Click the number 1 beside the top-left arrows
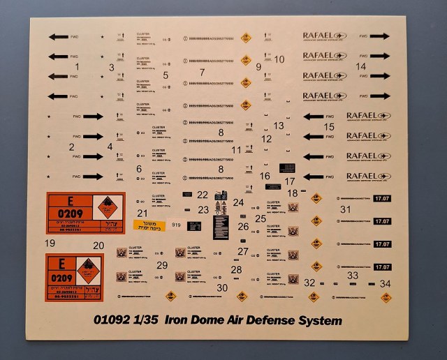pyautogui.click(x=77, y=66)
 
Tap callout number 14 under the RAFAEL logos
pyautogui.click(x=360, y=66)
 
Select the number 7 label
pyautogui.click(x=201, y=72)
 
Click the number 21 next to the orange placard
pyautogui.click(x=142, y=212)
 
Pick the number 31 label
pyautogui.click(x=344, y=209)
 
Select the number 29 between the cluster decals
pyautogui.click(x=162, y=265)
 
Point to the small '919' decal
pyautogui.click(x=175, y=225)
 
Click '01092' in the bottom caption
pyautogui.click(x=113, y=320)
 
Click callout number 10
pyautogui.click(x=279, y=59)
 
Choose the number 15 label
pyautogui.click(x=329, y=127)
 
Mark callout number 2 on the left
pyautogui.click(x=71, y=147)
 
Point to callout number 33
pyautogui.click(x=353, y=276)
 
